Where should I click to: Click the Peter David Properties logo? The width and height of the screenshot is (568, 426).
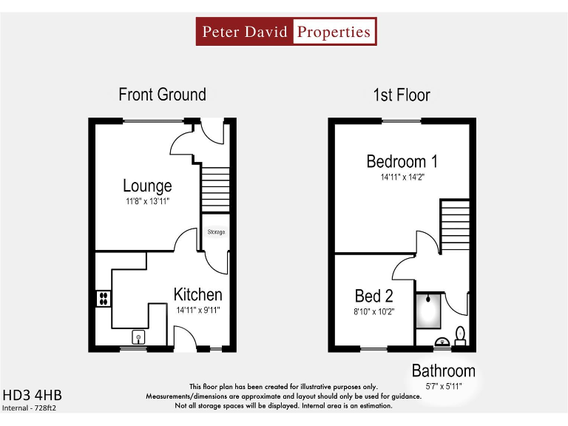point(286,32)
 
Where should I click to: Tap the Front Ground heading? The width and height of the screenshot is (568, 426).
point(162,95)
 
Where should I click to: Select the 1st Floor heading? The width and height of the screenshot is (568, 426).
point(402,95)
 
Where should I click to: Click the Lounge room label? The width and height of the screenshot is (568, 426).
point(147,186)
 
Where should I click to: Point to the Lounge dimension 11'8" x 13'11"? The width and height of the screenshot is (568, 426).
point(147,200)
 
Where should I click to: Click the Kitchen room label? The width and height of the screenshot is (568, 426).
point(197,295)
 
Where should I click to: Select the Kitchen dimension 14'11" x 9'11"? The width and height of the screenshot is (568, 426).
point(197,310)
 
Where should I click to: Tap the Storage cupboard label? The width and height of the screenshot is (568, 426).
point(215,232)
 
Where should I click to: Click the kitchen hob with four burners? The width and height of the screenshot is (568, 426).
point(104,299)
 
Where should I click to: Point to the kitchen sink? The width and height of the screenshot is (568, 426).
point(138,337)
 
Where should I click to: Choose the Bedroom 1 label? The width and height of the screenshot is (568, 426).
point(402,161)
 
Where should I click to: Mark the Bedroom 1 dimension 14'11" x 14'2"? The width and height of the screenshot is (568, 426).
point(402,177)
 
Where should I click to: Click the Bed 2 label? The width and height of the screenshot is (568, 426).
point(373,297)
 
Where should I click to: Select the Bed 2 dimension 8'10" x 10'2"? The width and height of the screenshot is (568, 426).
point(373,311)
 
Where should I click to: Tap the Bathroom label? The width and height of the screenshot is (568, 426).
point(443,371)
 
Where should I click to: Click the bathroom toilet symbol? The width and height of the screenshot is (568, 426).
point(460,336)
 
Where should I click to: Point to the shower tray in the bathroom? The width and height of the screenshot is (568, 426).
point(428,311)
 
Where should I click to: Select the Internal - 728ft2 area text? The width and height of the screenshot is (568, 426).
point(30,408)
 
